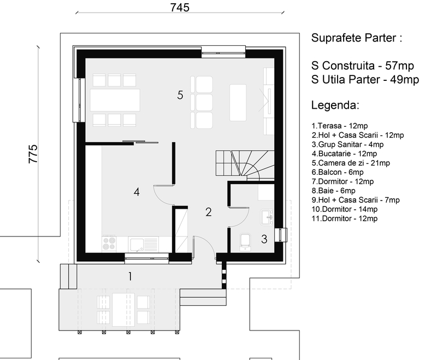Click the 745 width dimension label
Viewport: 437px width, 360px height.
point(180,8)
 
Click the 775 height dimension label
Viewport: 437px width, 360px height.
point(33,154)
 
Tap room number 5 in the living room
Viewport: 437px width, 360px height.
point(180,95)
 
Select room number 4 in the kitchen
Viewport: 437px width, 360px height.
point(137,192)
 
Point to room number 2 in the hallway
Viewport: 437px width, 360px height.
point(209,213)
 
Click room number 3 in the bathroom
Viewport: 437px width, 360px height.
point(264,239)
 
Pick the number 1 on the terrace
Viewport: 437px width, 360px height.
point(130,276)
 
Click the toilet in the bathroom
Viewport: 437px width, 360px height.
point(245,242)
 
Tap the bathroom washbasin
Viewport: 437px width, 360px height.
point(267,217)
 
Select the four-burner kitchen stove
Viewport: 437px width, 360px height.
point(109,243)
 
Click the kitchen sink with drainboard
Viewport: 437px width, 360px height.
point(143,244)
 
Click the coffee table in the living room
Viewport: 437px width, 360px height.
point(238,103)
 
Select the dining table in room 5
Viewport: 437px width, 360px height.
point(115,100)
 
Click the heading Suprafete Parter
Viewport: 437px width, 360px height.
point(357,38)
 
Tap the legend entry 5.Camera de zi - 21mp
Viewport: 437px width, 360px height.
point(351,163)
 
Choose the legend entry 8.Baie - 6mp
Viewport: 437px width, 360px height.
point(333,191)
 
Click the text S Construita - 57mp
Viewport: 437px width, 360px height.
point(362,66)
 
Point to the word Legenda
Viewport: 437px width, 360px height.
point(335,105)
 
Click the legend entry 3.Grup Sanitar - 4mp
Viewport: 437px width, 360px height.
point(347,144)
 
